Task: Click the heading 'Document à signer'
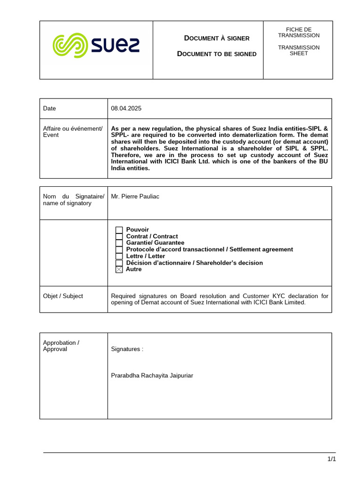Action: coord(216,38)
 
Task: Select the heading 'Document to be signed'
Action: coord(216,54)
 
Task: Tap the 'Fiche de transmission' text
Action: coord(298,33)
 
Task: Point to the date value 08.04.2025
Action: coord(126,108)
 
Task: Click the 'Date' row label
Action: coord(49,108)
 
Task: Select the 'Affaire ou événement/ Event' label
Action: coord(73,132)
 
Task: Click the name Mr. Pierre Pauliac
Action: coord(135,196)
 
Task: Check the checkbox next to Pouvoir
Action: coord(119,230)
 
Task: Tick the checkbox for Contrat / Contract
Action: coord(119,237)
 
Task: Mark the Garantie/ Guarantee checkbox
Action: coord(119,243)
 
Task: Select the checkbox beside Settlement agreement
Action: coord(119,250)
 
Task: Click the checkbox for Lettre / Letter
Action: coord(119,257)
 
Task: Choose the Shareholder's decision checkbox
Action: coord(119,263)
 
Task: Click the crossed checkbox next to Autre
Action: coord(119,270)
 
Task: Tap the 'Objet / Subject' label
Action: coord(63,296)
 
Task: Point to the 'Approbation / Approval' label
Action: coord(61,346)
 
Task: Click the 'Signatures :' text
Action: coord(127,349)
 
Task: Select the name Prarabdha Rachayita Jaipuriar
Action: coord(152,376)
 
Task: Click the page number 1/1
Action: coord(331,459)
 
